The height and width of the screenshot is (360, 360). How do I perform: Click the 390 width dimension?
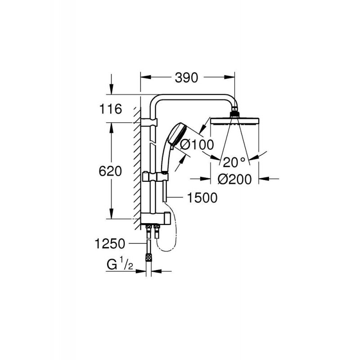(x=187, y=77)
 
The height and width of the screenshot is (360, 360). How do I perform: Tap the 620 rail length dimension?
(x=110, y=171)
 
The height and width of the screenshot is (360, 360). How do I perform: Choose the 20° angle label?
(x=234, y=161)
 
